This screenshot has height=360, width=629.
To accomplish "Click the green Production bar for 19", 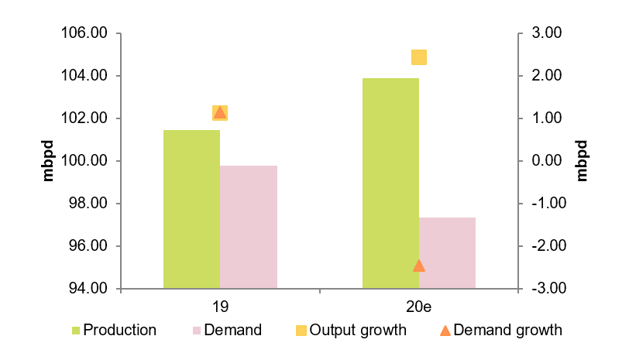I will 191,209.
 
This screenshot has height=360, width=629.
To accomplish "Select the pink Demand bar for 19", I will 249,227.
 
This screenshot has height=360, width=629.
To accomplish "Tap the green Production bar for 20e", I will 390,183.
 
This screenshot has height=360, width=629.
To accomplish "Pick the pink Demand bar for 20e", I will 447,253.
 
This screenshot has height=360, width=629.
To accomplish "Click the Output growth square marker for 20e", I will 419,57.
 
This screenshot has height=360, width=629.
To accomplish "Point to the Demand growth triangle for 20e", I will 419,266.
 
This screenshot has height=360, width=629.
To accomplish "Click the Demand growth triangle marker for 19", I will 220,113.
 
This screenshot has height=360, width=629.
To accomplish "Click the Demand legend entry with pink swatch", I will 227,331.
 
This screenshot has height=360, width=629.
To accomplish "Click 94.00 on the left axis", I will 86,289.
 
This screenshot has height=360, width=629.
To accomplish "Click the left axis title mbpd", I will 48,161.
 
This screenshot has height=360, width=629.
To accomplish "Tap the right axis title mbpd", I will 583,161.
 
